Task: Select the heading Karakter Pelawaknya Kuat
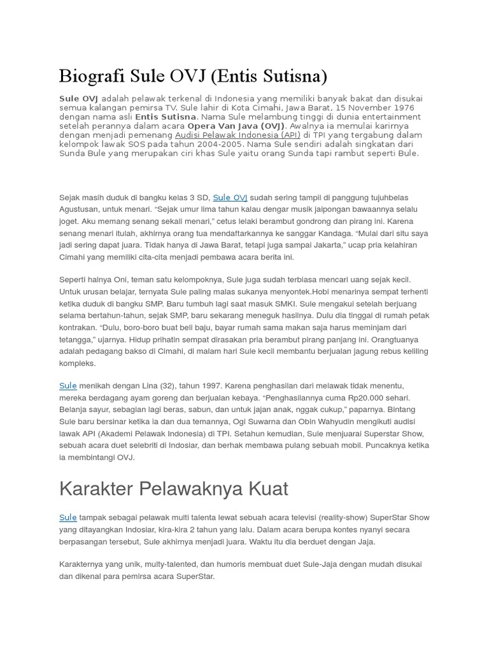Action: point(173,489)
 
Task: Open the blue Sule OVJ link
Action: point(230,198)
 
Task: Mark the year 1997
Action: point(199,386)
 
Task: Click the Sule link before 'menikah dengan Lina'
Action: point(67,386)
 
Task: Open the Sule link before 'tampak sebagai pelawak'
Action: point(67,518)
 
